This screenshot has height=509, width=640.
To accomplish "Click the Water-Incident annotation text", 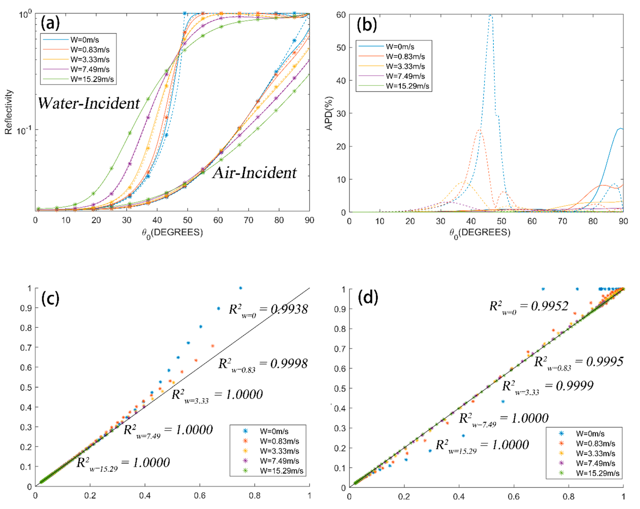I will (x=89, y=103).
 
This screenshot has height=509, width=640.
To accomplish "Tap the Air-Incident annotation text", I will (x=254, y=173).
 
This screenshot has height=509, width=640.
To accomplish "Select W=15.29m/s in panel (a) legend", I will (x=92, y=79).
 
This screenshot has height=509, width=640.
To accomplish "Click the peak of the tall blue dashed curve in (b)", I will (x=490, y=15).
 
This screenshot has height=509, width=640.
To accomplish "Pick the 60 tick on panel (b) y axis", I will (x=341, y=15).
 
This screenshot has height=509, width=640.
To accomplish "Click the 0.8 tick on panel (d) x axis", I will (x=569, y=496).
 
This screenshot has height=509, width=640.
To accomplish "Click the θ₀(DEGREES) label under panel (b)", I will (x=480, y=233).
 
